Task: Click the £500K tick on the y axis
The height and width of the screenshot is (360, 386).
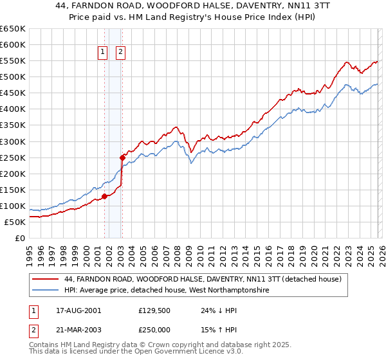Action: (13, 77)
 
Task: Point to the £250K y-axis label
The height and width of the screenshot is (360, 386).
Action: (13, 157)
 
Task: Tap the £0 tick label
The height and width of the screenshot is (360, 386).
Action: (19, 238)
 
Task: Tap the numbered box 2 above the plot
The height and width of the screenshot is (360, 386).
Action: (120, 53)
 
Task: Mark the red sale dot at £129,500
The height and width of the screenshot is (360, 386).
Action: (104, 196)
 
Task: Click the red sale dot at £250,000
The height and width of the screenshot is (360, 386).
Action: (122, 157)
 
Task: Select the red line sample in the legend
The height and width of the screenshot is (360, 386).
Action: (46, 280)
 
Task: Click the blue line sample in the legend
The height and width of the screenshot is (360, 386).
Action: (46, 291)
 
